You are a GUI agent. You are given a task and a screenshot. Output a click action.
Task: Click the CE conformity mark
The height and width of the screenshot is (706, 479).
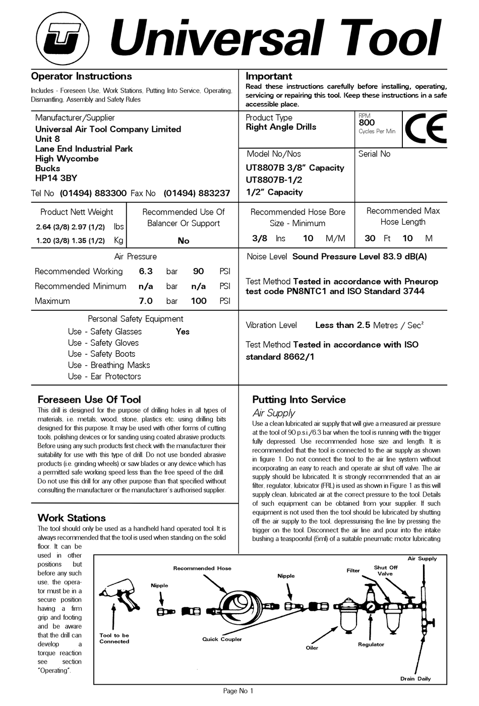coord(426,129)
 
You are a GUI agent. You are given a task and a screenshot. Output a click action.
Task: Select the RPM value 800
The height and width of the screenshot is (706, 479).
coord(367,123)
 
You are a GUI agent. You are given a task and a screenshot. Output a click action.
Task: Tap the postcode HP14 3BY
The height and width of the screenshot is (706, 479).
coord(56,178)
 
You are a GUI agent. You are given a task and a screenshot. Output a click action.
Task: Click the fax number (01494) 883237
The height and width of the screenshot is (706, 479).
coord(197,193)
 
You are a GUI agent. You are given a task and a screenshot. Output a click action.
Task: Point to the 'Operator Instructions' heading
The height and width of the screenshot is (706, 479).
coord(81,77)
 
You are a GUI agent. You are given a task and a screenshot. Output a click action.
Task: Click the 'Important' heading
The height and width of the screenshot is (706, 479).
coord(269,77)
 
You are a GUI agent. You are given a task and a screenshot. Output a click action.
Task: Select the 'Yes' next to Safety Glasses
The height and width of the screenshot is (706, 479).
coord(183,332)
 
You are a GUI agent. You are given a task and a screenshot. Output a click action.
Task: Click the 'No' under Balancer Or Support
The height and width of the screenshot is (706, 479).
coord(184,241)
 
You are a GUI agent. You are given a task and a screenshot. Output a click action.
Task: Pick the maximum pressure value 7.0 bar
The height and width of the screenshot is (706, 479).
coord(146,301)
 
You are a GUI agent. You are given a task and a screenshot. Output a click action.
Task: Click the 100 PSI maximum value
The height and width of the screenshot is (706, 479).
coord(199,301)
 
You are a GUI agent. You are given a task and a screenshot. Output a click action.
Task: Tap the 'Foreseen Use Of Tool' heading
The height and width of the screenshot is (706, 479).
coord(89,400)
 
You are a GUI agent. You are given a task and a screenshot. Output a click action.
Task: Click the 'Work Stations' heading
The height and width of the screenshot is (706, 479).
coord(72,518)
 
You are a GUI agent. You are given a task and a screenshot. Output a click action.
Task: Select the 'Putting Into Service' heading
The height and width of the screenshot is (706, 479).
coord(299,400)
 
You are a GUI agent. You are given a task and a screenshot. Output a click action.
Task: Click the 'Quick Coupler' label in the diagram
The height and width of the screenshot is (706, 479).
coord(222,639)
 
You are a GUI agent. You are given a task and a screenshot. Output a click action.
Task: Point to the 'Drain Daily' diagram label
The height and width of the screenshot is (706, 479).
coord(415,679)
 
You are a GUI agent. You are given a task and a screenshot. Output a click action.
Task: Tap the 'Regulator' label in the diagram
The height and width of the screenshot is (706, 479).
coord(371,644)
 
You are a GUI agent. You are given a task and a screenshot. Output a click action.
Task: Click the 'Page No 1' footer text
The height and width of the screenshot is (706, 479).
coord(238,691)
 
